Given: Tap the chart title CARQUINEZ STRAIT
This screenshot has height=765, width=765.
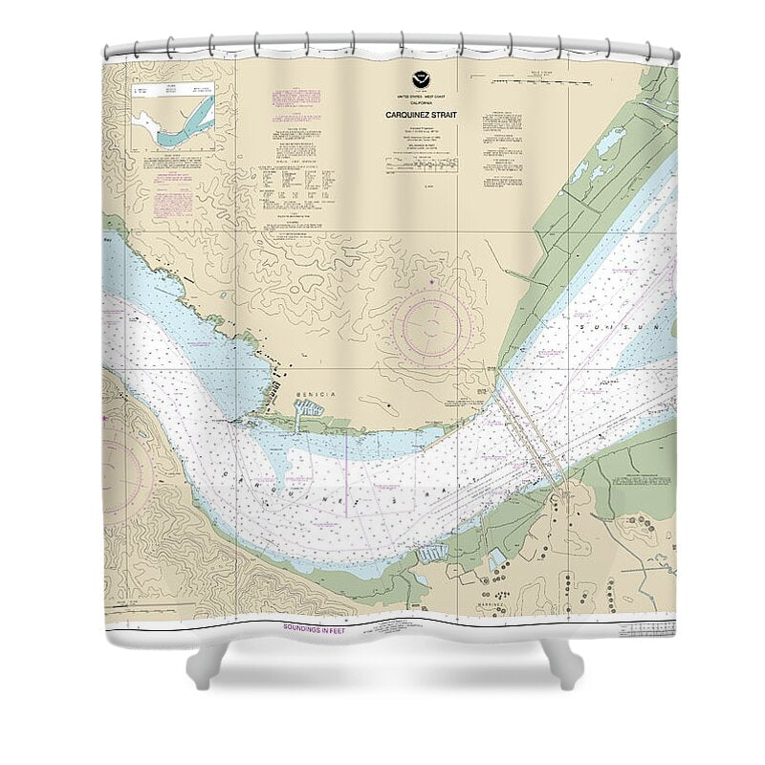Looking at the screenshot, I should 423,115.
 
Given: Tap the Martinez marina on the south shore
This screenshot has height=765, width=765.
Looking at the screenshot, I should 433,552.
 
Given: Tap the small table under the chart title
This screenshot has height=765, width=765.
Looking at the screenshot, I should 422,165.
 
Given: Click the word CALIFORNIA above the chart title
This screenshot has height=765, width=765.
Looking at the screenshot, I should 423,102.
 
